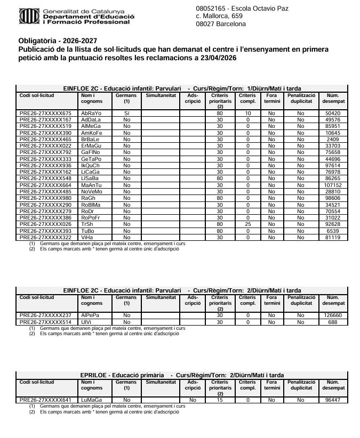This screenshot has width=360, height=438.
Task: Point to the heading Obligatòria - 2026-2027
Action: pyautogui.click(x=58, y=40)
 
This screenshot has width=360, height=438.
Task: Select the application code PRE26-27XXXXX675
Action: pyautogui.click(x=45, y=113)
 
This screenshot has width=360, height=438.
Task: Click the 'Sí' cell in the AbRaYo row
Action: pyautogui.click(x=126, y=113)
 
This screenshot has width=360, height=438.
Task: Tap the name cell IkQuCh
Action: pyautogui.click(x=90, y=166)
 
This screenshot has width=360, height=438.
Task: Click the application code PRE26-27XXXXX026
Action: pyautogui.click(x=45, y=224)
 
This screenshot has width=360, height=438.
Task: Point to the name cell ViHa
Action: pyautogui.click(x=87, y=237)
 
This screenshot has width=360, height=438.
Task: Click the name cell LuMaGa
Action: pyautogui.click(x=91, y=400)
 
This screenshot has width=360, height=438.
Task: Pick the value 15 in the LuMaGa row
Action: pyautogui.click(x=219, y=400)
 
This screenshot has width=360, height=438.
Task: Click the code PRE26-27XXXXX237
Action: pyautogui.click(x=45, y=315)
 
